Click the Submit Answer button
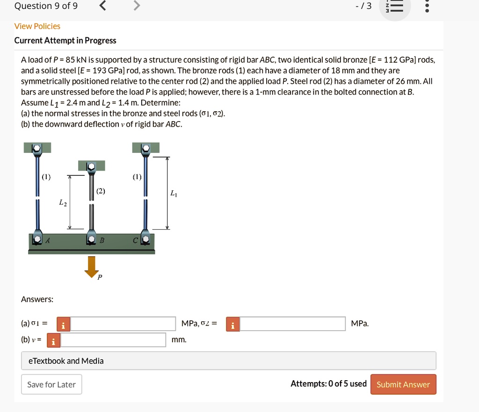tap(403, 384)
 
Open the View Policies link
tap(37, 26)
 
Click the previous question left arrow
tap(103, 6)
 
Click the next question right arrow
tap(136, 6)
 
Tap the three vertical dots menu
tap(426, 7)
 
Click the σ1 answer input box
tap(123, 324)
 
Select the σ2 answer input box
tap(292, 324)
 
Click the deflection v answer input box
tap(113, 340)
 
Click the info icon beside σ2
tap(232, 324)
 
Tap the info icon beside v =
tap(54, 340)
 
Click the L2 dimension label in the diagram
tap(63, 202)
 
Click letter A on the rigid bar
tap(49, 240)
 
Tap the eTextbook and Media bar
tap(228, 361)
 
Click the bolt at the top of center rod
tap(92, 166)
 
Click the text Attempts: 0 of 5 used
tap(328, 384)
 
